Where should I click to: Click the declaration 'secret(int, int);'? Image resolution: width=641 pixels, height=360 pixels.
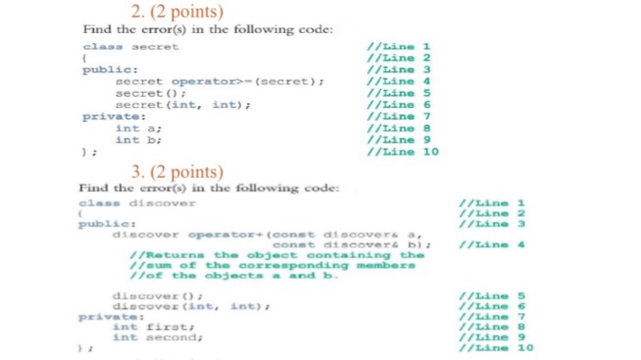182,104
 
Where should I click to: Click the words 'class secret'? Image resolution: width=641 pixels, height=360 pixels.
131,45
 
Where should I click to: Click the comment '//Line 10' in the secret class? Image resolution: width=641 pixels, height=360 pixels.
403,152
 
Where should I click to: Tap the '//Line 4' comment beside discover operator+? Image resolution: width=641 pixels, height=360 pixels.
494,244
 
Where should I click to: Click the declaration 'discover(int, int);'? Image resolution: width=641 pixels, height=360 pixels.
179,305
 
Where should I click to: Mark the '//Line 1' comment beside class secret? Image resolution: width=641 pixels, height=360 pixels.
397,45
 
